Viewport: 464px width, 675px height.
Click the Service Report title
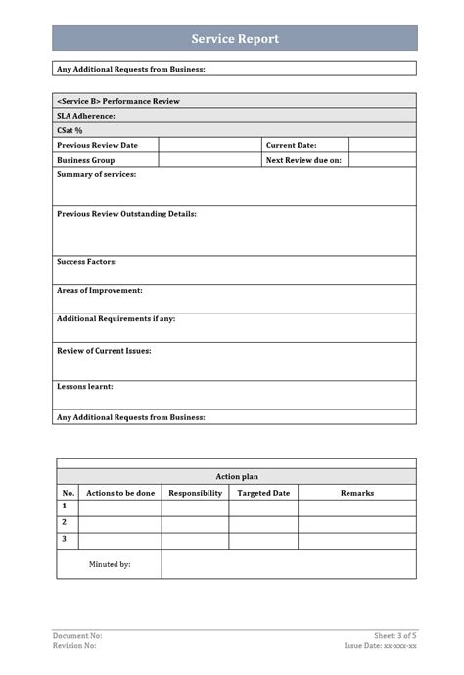[234, 39]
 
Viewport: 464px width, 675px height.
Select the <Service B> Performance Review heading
[118, 101]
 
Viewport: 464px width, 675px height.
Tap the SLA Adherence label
[86, 116]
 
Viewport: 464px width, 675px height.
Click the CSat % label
[70, 130]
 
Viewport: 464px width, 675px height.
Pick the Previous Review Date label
[97, 145]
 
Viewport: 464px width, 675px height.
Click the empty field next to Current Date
[382, 145]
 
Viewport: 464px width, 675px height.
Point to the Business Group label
[85, 160]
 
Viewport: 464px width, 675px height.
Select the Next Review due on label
[303, 160]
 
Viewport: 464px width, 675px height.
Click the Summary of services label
[96, 174]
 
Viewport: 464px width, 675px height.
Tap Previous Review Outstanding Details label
[126, 213]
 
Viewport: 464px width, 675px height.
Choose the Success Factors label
[87, 262]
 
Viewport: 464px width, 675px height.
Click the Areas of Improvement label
[100, 290]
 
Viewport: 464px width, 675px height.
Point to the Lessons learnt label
[85, 386]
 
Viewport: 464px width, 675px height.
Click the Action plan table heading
[235, 476]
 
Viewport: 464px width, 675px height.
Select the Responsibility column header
[195, 493]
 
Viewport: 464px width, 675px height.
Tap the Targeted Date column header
[263, 493]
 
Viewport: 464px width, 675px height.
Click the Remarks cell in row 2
[356, 523]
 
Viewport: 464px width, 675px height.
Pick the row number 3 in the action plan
[65, 539]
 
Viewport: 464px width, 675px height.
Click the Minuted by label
[110, 564]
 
